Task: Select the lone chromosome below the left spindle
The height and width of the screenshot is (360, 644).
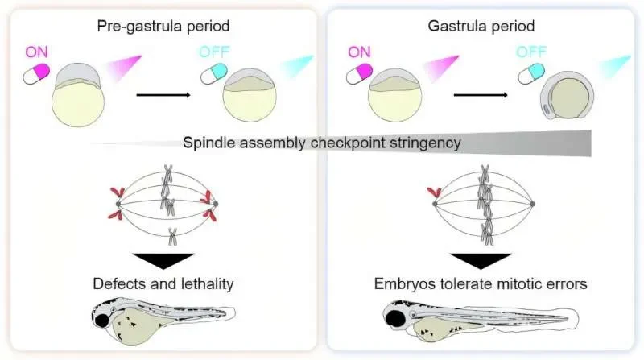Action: pos(172,236)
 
